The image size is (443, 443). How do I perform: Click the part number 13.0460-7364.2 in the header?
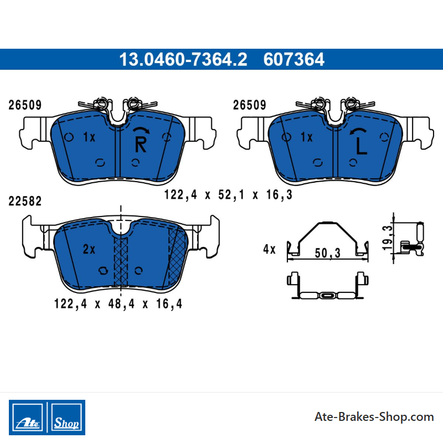coord(183,59)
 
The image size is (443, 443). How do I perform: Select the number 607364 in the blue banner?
coord(294,59)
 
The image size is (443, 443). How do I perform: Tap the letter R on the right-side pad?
coord(141,145)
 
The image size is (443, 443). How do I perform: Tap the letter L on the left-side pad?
coord(361,146)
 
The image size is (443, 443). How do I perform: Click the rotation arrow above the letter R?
coord(141,129)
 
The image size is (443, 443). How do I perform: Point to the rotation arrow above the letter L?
coord(358,130)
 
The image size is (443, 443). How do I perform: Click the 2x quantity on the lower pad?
coord(89,249)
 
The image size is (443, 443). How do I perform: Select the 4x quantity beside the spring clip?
coord(269,249)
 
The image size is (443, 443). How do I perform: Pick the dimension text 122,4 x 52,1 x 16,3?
coord(228,195)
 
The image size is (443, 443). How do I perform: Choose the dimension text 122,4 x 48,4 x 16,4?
coord(118,303)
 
